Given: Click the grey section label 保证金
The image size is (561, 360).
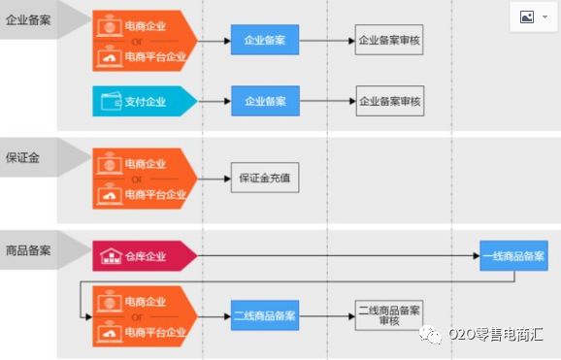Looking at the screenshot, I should pos(23,158).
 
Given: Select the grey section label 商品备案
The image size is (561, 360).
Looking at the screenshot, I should pos(28,249).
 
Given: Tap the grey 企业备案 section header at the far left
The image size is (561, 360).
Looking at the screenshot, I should pos(28,18).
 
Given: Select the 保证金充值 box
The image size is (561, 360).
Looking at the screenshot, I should pos(264,179).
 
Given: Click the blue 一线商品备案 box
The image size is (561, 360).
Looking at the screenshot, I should pos(513,256).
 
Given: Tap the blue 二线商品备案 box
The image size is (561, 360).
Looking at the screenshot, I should pos(265,315).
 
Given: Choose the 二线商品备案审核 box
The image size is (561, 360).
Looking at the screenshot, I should pos(389,315).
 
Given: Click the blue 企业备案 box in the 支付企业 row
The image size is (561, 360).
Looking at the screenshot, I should pos(265,101).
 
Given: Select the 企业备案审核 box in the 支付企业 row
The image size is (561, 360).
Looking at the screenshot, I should pos(389,101).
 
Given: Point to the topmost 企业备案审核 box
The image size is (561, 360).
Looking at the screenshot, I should pos(389,43).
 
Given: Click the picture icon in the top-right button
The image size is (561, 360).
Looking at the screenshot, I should pos(527,17).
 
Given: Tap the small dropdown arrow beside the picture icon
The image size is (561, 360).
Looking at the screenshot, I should pos(544,18).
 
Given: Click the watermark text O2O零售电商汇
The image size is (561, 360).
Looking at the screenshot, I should pos(496,335).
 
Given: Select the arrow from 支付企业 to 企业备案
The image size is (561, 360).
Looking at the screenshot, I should pos(214,101).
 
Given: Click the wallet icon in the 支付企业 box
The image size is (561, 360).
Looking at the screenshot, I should pos(110,101).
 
